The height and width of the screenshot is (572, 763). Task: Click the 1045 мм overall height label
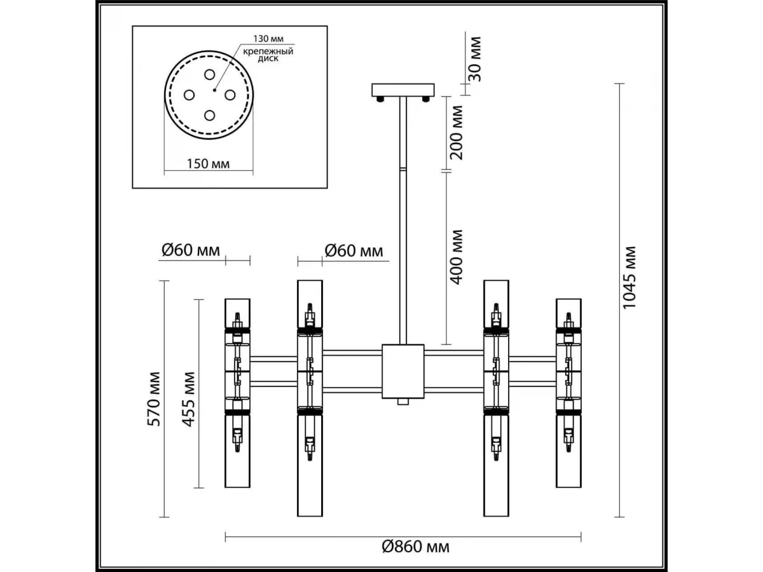pos(629,277)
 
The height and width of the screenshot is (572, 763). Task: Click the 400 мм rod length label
pos(457,257)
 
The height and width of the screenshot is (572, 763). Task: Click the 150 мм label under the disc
pos(209,163)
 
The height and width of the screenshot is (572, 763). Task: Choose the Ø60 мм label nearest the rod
pos(354,250)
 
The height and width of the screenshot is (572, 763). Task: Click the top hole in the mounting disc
pos(209,74)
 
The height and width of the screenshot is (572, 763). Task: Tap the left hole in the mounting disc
pos(189,95)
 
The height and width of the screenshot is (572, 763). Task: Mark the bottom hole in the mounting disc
pos(209,115)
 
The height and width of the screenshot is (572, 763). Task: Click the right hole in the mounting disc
pos(230,95)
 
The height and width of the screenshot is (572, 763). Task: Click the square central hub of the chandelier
pos(402,371)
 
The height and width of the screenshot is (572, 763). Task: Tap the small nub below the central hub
pos(402,402)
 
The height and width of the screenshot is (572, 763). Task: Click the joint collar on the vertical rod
pos(402,170)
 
